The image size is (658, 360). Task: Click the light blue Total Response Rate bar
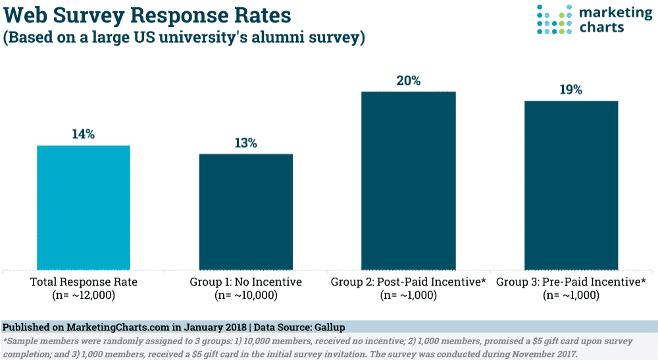click(83, 207)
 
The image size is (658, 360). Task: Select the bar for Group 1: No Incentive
click(245, 211)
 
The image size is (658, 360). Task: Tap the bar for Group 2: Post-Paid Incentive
click(408, 180)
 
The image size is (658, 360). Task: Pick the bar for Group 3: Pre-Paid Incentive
click(570, 185)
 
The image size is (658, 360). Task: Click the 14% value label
click(83, 134)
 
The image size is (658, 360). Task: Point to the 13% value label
click(245, 143)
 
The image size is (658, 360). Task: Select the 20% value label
click(408, 81)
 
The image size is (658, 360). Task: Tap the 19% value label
click(570, 90)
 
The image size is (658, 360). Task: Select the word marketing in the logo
click(611, 13)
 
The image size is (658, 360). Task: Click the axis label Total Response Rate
click(83, 282)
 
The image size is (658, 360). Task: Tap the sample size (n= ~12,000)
click(83, 296)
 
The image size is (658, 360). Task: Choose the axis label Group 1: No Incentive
click(245, 282)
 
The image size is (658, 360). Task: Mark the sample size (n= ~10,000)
click(245, 296)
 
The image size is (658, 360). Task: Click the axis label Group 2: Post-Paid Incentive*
click(408, 282)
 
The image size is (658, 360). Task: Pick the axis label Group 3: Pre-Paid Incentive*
click(570, 282)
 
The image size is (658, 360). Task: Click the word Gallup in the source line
click(329, 327)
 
